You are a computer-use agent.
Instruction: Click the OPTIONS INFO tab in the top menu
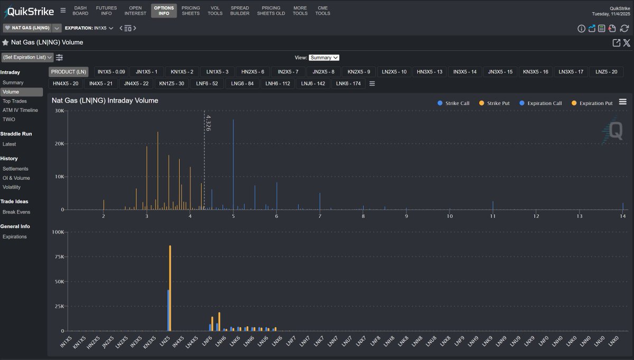tap(164, 11)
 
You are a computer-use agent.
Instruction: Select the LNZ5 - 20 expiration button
tap(606, 71)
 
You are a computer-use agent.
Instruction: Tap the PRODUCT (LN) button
tap(69, 71)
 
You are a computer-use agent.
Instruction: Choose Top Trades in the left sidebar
tap(14, 101)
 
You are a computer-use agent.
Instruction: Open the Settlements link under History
tap(16, 169)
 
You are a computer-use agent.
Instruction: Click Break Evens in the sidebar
tap(16, 212)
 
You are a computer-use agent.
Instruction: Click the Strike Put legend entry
tap(495, 103)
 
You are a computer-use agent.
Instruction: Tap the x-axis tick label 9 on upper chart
tap(406, 216)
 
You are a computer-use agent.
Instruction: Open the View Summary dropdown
tap(324, 58)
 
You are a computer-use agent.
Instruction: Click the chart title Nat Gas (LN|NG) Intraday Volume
tap(105, 100)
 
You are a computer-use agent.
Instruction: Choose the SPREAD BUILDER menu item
tap(240, 11)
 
